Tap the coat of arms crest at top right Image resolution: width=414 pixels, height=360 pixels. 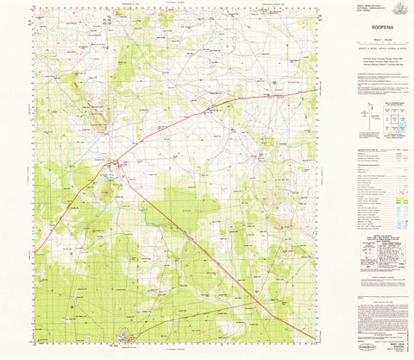(x=398, y=9)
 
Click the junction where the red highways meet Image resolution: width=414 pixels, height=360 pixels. (x=119, y=161)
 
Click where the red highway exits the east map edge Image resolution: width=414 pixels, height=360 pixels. (x=316, y=90)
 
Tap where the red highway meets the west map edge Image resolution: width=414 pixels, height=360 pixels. (x=35, y=251)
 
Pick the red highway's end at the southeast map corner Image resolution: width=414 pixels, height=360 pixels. (x=314, y=336)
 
